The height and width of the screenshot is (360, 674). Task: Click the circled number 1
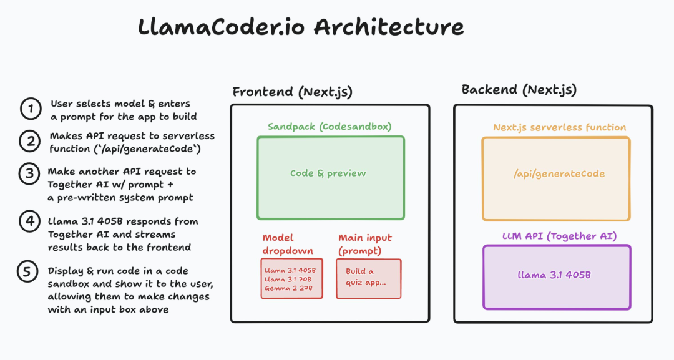coord(30,109)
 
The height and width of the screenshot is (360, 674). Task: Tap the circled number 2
coord(30,142)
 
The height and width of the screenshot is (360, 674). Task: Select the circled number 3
coord(29,174)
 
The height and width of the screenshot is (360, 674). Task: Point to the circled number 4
coord(29,222)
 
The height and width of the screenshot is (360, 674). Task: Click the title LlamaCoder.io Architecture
coord(300,27)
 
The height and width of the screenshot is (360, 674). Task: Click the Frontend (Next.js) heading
coord(292,92)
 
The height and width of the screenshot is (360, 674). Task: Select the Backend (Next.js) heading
coord(519,90)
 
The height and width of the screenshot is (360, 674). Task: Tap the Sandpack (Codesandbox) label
coord(330,127)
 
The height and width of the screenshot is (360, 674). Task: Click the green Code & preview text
coord(328,173)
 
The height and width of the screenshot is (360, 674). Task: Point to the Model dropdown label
coord(287,244)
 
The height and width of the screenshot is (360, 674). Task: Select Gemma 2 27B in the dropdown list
coord(289,289)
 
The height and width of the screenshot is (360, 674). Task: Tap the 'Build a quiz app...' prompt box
coord(368,278)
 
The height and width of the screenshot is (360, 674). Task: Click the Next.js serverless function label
coord(559,127)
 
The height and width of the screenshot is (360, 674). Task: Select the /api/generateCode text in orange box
coord(559,173)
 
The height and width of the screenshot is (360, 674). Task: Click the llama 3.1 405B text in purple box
coord(554,275)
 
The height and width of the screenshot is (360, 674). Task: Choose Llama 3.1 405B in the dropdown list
coord(290,270)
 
